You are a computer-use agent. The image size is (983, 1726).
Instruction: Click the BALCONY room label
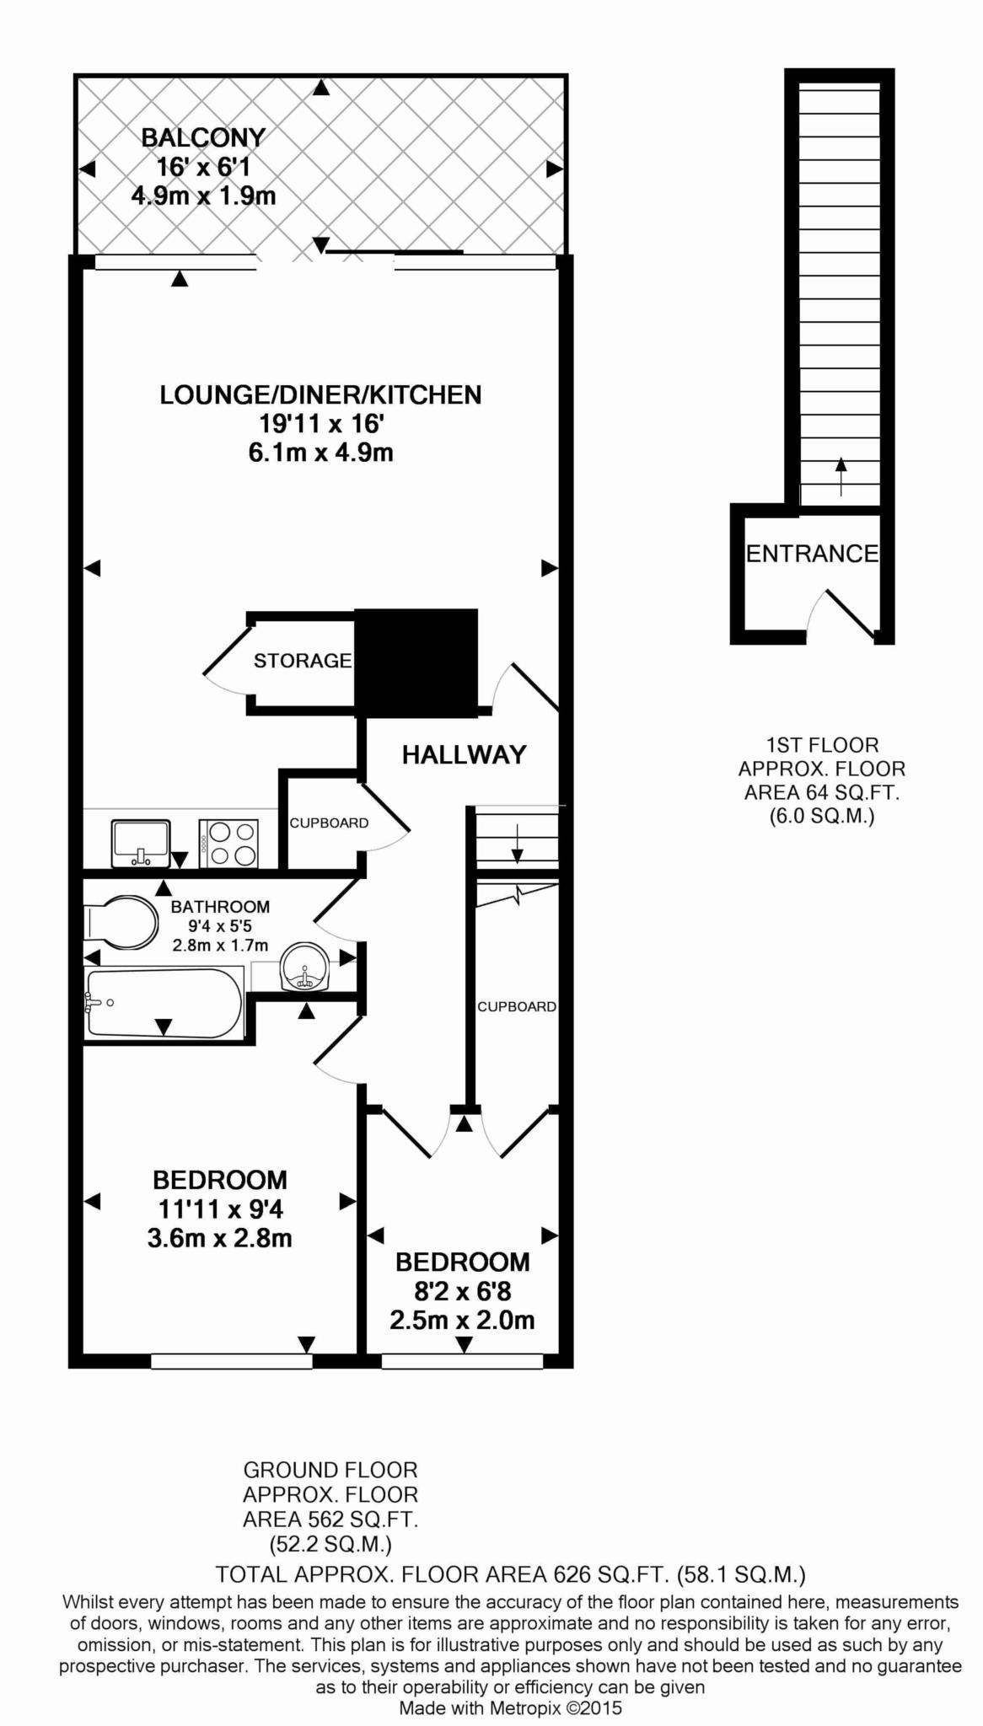[203, 137]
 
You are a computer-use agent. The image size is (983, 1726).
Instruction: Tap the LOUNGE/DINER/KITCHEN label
[320, 394]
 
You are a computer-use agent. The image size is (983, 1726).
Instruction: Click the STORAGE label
[303, 661]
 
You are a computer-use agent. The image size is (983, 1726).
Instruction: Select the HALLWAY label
[464, 754]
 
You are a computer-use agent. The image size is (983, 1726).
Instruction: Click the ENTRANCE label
[813, 554]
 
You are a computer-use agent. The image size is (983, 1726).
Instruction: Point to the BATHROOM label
[220, 907]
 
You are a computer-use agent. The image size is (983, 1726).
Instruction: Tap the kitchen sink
[142, 844]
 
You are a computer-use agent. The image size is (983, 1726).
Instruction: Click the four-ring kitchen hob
[228, 844]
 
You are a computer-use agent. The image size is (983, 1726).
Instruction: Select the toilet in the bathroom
[121, 922]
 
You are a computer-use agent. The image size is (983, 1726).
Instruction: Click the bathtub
[164, 1004]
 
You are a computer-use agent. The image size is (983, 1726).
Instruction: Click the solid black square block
[416, 662]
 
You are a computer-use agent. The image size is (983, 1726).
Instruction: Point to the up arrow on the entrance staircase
[840, 477]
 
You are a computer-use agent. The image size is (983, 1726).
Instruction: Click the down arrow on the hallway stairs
[517, 844]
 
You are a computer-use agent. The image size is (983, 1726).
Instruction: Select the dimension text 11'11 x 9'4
[221, 1209]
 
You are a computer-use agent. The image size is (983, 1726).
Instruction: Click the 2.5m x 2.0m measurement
[462, 1320]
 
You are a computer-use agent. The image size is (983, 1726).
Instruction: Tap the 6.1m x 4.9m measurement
[320, 453]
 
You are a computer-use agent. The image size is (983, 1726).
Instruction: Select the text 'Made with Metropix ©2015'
[510, 1708]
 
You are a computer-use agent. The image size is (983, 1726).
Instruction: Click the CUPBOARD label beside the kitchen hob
[329, 823]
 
